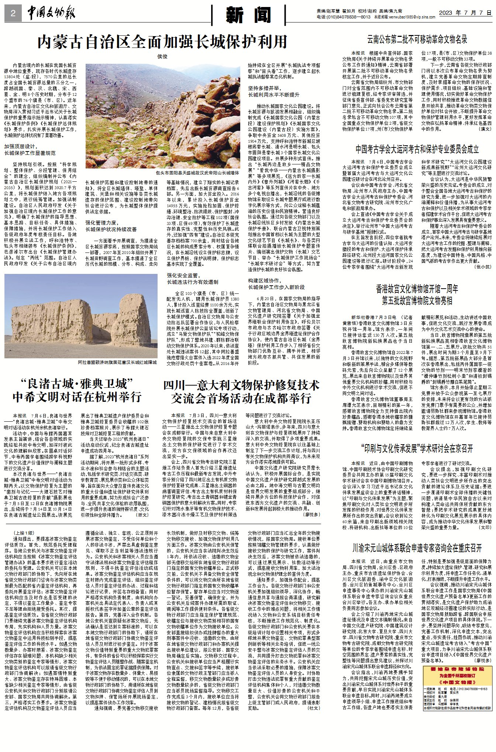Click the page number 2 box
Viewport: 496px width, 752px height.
click(x=13, y=14)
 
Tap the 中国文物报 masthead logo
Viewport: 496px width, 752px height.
click(x=51, y=14)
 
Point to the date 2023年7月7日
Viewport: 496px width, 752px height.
click(x=465, y=13)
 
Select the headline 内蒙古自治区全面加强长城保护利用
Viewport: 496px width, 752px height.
click(x=162, y=42)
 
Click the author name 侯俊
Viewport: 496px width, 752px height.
click(x=162, y=56)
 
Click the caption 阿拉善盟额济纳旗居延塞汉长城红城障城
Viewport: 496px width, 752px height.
click(x=117, y=362)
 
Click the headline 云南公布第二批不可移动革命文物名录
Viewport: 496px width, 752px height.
click(x=417, y=39)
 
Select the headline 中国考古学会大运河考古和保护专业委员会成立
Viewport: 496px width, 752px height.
click(x=417, y=149)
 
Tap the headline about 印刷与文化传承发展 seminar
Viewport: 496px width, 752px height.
click(x=417, y=448)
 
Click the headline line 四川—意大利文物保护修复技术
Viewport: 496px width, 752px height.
click(x=241, y=385)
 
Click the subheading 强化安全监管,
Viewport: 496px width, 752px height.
click(x=183, y=275)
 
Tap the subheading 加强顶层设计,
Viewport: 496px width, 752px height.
click(x=21, y=146)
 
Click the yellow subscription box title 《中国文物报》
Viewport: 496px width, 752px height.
click(x=458, y=682)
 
